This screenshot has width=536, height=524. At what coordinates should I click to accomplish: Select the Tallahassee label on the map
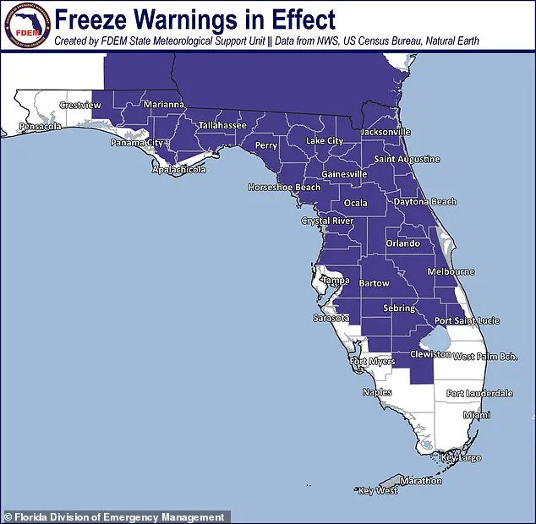(x=222, y=125)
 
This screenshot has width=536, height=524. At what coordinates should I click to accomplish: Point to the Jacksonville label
(x=385, y=132)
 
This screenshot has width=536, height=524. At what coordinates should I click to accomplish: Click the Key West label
(x=377, y=490)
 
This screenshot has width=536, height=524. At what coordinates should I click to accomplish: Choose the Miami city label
(x=476, y=415)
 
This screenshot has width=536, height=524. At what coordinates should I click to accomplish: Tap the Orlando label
(x=403, y=243)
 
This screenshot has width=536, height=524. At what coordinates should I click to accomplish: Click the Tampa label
(x=335, y=280)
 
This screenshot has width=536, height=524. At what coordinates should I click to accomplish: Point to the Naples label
(x=377, y=392)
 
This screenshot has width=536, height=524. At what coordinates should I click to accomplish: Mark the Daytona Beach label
(x=425, y=202)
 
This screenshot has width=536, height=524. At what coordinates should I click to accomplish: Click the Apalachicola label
(x=178, y=169)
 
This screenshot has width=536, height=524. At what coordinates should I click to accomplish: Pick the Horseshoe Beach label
(x=284, y=187)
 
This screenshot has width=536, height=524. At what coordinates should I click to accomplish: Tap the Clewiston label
(x=429, y=355)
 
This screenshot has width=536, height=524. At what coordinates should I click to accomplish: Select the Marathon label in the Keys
(x=420, y=481)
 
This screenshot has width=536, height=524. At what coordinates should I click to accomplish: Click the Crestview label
(x=80, y=106)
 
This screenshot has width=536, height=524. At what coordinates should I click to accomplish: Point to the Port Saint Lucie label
(x=467, y=321)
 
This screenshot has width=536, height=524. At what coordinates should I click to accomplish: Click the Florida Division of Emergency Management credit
(x=117, y=516)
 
